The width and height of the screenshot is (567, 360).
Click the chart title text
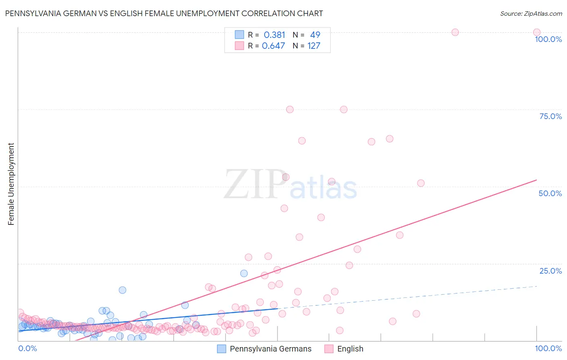[x=164, y=13]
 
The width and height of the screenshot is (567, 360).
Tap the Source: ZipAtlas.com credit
[x=531, y=13]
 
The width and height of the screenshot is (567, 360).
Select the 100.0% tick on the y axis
[x=548, y=39]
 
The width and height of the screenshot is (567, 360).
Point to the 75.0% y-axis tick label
[x=550, y=116]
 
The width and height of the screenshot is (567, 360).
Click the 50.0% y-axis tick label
[x=550, y=193]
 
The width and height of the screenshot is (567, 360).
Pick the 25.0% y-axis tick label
[x=550, y=270]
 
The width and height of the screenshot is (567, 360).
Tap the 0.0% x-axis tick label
[x=27, y=348]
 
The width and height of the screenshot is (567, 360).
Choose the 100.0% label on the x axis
[x=548, y=348]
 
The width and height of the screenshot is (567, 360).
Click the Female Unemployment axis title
[x=11, y=184]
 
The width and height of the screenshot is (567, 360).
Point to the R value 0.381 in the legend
[x=274, y=35]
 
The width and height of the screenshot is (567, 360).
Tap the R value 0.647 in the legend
[x=273, y=46]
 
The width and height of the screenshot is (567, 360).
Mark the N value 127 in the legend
[x=314, y=46]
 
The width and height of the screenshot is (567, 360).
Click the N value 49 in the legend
[x=315, y=35]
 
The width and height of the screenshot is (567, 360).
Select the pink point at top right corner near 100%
[x=536, y=32]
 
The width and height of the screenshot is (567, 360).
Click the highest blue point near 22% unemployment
[x=244, y=273]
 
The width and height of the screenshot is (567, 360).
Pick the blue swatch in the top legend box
[x=240, y=35]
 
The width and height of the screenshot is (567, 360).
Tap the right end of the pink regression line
[x=537, y=180]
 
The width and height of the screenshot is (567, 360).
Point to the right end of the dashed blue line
[x=537, y=286]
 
